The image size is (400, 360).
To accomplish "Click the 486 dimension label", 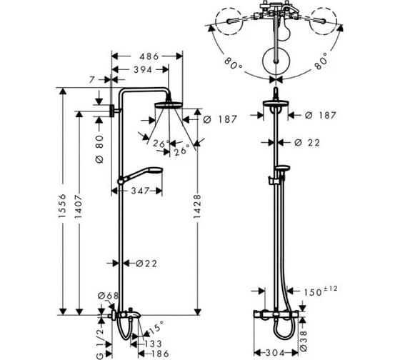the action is tap(149, 56).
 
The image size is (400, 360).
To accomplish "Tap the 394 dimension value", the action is tap(143, 70).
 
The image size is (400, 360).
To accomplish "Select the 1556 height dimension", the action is tap(62, 206).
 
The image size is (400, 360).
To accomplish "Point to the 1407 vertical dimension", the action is tap(79, 206).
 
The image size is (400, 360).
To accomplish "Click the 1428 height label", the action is tap(197, 206).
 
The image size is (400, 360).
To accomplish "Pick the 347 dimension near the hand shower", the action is tap(140, 191).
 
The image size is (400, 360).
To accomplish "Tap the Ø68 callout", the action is tap(109, 296).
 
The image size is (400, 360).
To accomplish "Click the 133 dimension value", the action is tap(152, 344).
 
